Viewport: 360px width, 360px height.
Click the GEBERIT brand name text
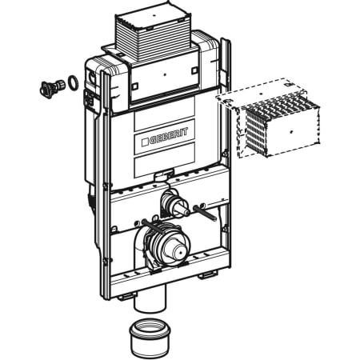coord(169,136)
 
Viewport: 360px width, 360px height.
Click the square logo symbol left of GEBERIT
coord(145,142)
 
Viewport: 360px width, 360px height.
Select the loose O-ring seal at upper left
coord(73,82)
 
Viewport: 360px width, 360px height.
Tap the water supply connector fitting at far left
coord(52,86)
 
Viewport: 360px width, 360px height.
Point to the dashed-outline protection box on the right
coord(269,118)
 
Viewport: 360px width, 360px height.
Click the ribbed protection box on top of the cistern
coord(154,32)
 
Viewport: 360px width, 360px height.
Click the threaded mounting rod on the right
coord(205,212)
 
